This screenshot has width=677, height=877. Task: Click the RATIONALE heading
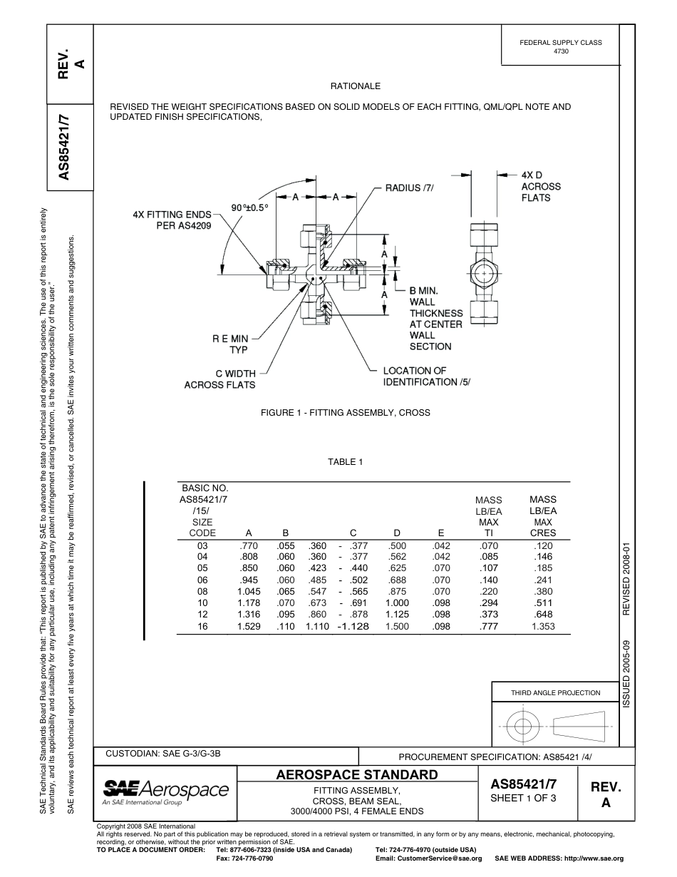click(356, 86)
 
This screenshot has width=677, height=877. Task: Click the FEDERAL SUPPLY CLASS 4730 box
click(560, 47)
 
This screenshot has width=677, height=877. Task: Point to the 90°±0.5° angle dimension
click(249, 207)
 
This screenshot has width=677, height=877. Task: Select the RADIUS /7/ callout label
click(409, 188)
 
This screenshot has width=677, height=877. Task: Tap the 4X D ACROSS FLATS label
click(541, 186)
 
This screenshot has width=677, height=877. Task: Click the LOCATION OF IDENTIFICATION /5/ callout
click(427, 376)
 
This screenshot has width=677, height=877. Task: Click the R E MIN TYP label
click(229, 345)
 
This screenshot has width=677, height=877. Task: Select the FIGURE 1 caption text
click(346, 413)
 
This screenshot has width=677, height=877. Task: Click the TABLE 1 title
click(346, 462)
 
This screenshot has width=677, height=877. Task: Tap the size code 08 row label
click(202, 592)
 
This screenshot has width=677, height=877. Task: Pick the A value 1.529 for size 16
click(249, 626)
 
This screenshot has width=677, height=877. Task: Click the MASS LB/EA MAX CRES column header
click(543, 516)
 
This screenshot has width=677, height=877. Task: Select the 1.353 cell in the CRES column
click(543, 626)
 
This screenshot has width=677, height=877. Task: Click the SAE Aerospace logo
click(165, 791)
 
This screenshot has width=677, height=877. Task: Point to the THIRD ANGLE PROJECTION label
click(555, 693)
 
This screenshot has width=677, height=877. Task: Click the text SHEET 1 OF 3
click(523, 798)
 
